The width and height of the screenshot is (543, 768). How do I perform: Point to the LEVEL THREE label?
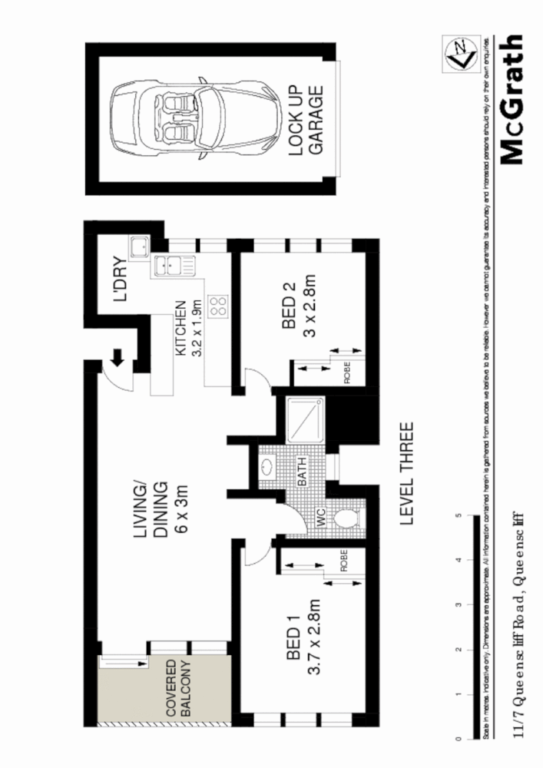406,473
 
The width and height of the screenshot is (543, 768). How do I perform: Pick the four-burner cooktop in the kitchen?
217,306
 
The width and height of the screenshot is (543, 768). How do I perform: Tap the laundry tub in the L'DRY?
139,247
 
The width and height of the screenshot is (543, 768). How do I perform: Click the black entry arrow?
119,357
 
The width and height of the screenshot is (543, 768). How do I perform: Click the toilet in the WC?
346,518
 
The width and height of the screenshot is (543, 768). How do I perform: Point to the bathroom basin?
267,467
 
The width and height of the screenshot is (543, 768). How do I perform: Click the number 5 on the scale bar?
459,516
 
